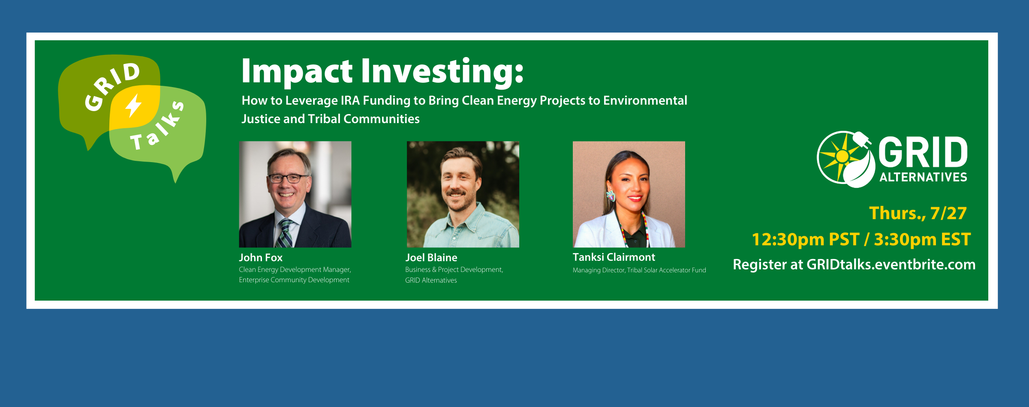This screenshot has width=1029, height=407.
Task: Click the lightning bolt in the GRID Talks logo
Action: (133, 106)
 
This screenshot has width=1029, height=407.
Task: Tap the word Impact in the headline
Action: (297, 71)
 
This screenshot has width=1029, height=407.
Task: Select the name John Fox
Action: (261, 257)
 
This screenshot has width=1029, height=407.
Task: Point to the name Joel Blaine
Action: (431, 257)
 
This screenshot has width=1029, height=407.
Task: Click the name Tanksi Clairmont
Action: (614, 257)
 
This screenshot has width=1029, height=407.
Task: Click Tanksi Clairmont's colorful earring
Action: (611, 196)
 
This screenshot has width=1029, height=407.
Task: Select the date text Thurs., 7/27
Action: (918, 214)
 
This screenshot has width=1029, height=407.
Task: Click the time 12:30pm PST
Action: (806, 239)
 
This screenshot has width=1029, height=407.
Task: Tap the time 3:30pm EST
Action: (922, 239)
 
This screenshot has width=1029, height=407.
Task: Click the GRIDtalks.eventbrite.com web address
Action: (891, 264)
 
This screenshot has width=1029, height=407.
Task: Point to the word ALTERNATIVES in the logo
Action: (923, 177)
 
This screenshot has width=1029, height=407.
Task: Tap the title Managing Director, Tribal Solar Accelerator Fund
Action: (639, 270)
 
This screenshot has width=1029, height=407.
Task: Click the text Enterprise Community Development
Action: (294, 280)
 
